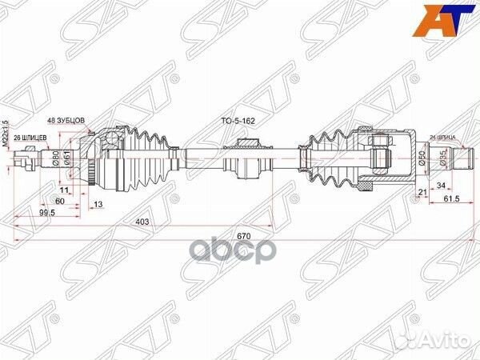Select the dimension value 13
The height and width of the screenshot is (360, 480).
[x=98, y=205]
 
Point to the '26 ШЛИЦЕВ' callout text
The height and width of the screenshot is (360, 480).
[x=30, y=137]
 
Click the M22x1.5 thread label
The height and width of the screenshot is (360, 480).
[x=6, y=132]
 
